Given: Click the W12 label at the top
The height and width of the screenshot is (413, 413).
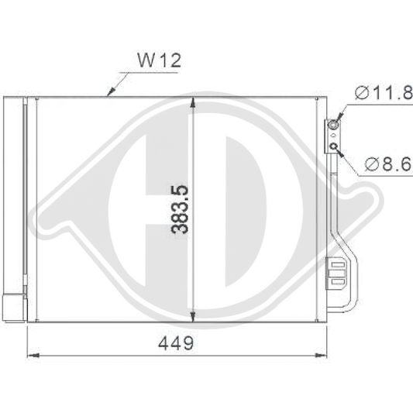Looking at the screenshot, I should point(158,60).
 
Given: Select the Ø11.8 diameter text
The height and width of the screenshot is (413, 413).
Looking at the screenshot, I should point(384,94).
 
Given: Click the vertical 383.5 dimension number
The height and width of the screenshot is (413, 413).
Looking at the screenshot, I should point(180,210).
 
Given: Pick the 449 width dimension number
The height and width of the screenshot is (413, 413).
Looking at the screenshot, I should point(177,341).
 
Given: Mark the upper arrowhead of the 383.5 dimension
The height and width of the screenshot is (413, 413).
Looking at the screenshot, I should point(193,103).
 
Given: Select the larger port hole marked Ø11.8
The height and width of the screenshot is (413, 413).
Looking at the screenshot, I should point(335,124).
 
